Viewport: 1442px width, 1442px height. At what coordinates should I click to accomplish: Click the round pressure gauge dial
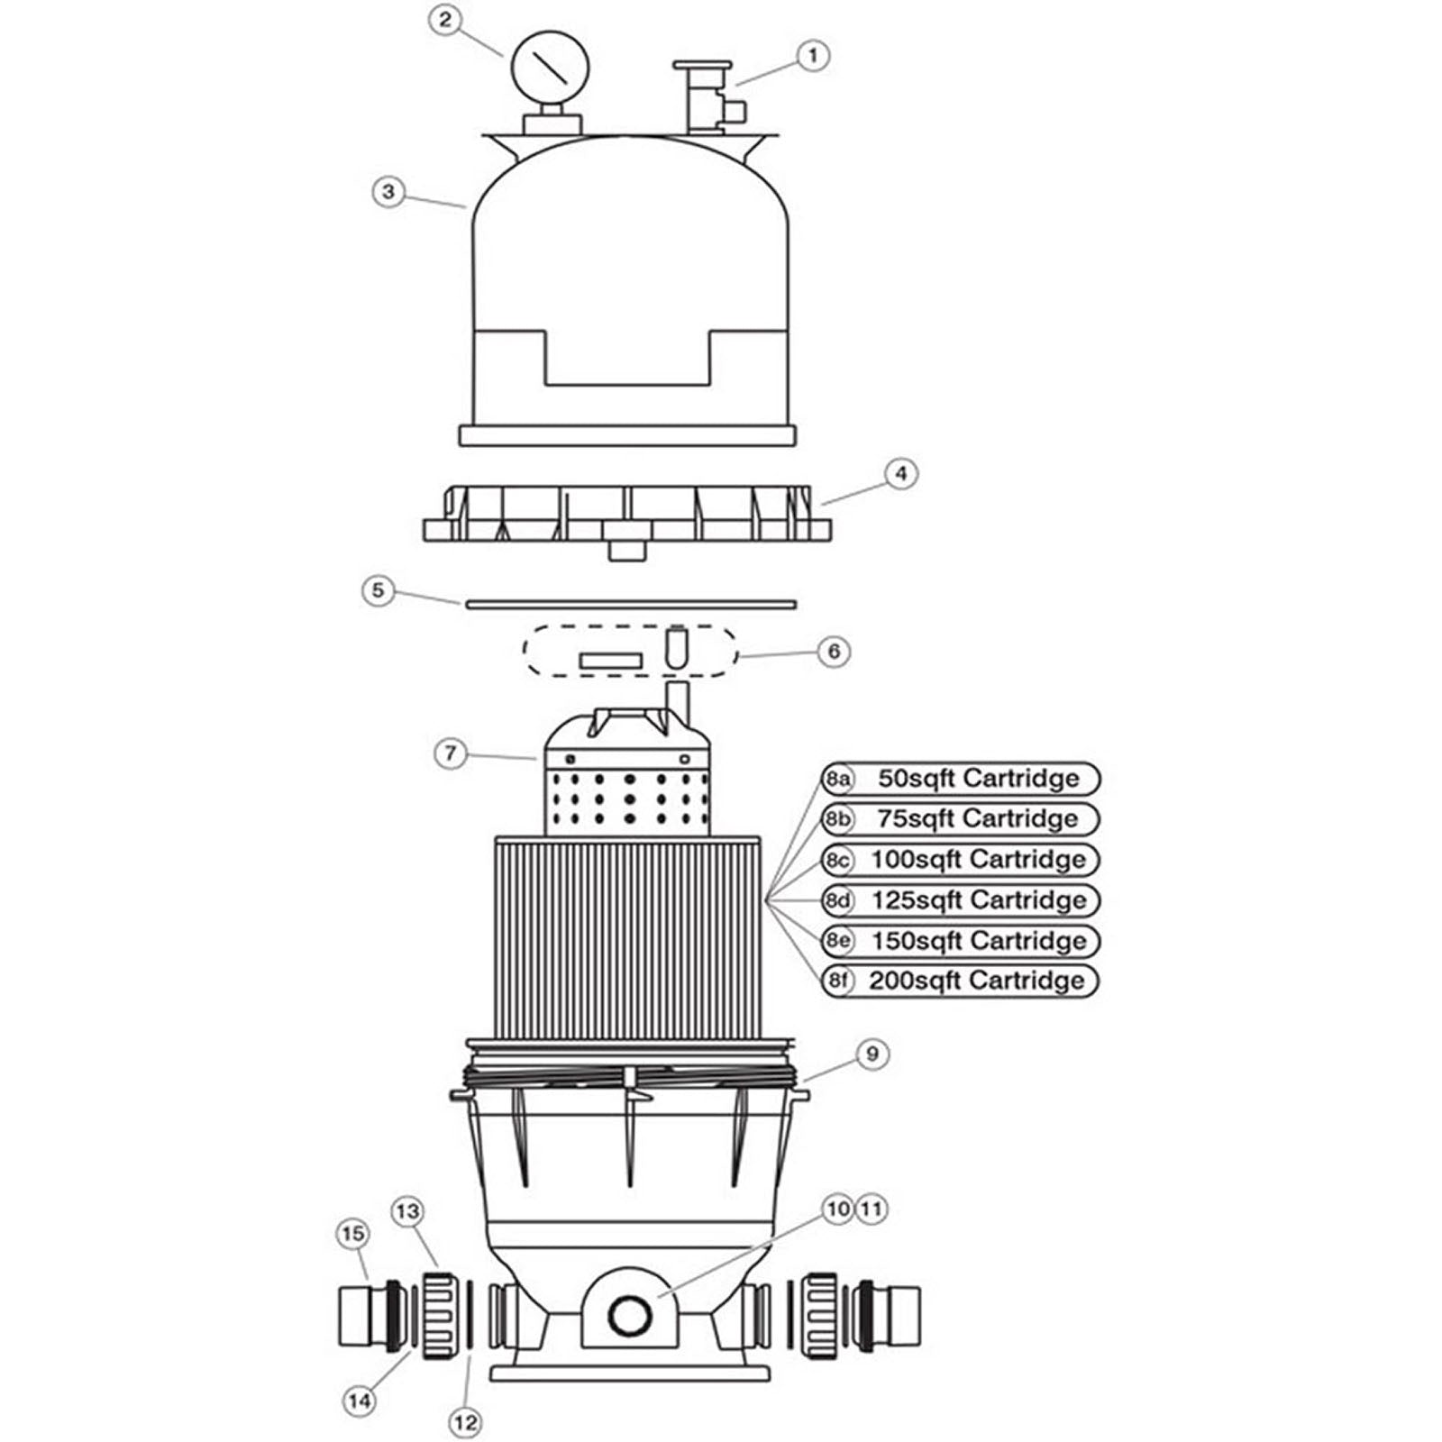pos(550,67)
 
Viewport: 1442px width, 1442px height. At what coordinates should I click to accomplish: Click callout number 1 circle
pos(812,56)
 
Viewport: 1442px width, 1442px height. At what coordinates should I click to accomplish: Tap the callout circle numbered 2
pos(445,20)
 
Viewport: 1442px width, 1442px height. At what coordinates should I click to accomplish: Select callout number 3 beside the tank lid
pos(388,192)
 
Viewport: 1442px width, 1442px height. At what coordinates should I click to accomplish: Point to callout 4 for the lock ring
pos(900,474)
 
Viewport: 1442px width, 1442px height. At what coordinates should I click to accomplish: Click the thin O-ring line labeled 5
pos(631,604)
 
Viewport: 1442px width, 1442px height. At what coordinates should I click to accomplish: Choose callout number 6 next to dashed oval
pos(834,651)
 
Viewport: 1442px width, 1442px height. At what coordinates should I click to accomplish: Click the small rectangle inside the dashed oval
pos(610,662)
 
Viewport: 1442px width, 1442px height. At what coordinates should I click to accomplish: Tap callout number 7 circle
pos(451,753)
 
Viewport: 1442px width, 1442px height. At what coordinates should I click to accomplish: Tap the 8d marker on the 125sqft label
pos(838,900)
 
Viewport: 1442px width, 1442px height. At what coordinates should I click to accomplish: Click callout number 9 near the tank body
pos(872,1054)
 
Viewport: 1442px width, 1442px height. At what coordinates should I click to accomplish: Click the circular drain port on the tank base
pos(629,1317)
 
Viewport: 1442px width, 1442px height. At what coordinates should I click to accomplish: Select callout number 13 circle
pos(407,1212)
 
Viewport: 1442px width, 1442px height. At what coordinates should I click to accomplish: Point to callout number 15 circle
pos(352,1234)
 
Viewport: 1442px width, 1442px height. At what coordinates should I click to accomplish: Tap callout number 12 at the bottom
pos(465,1423)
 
